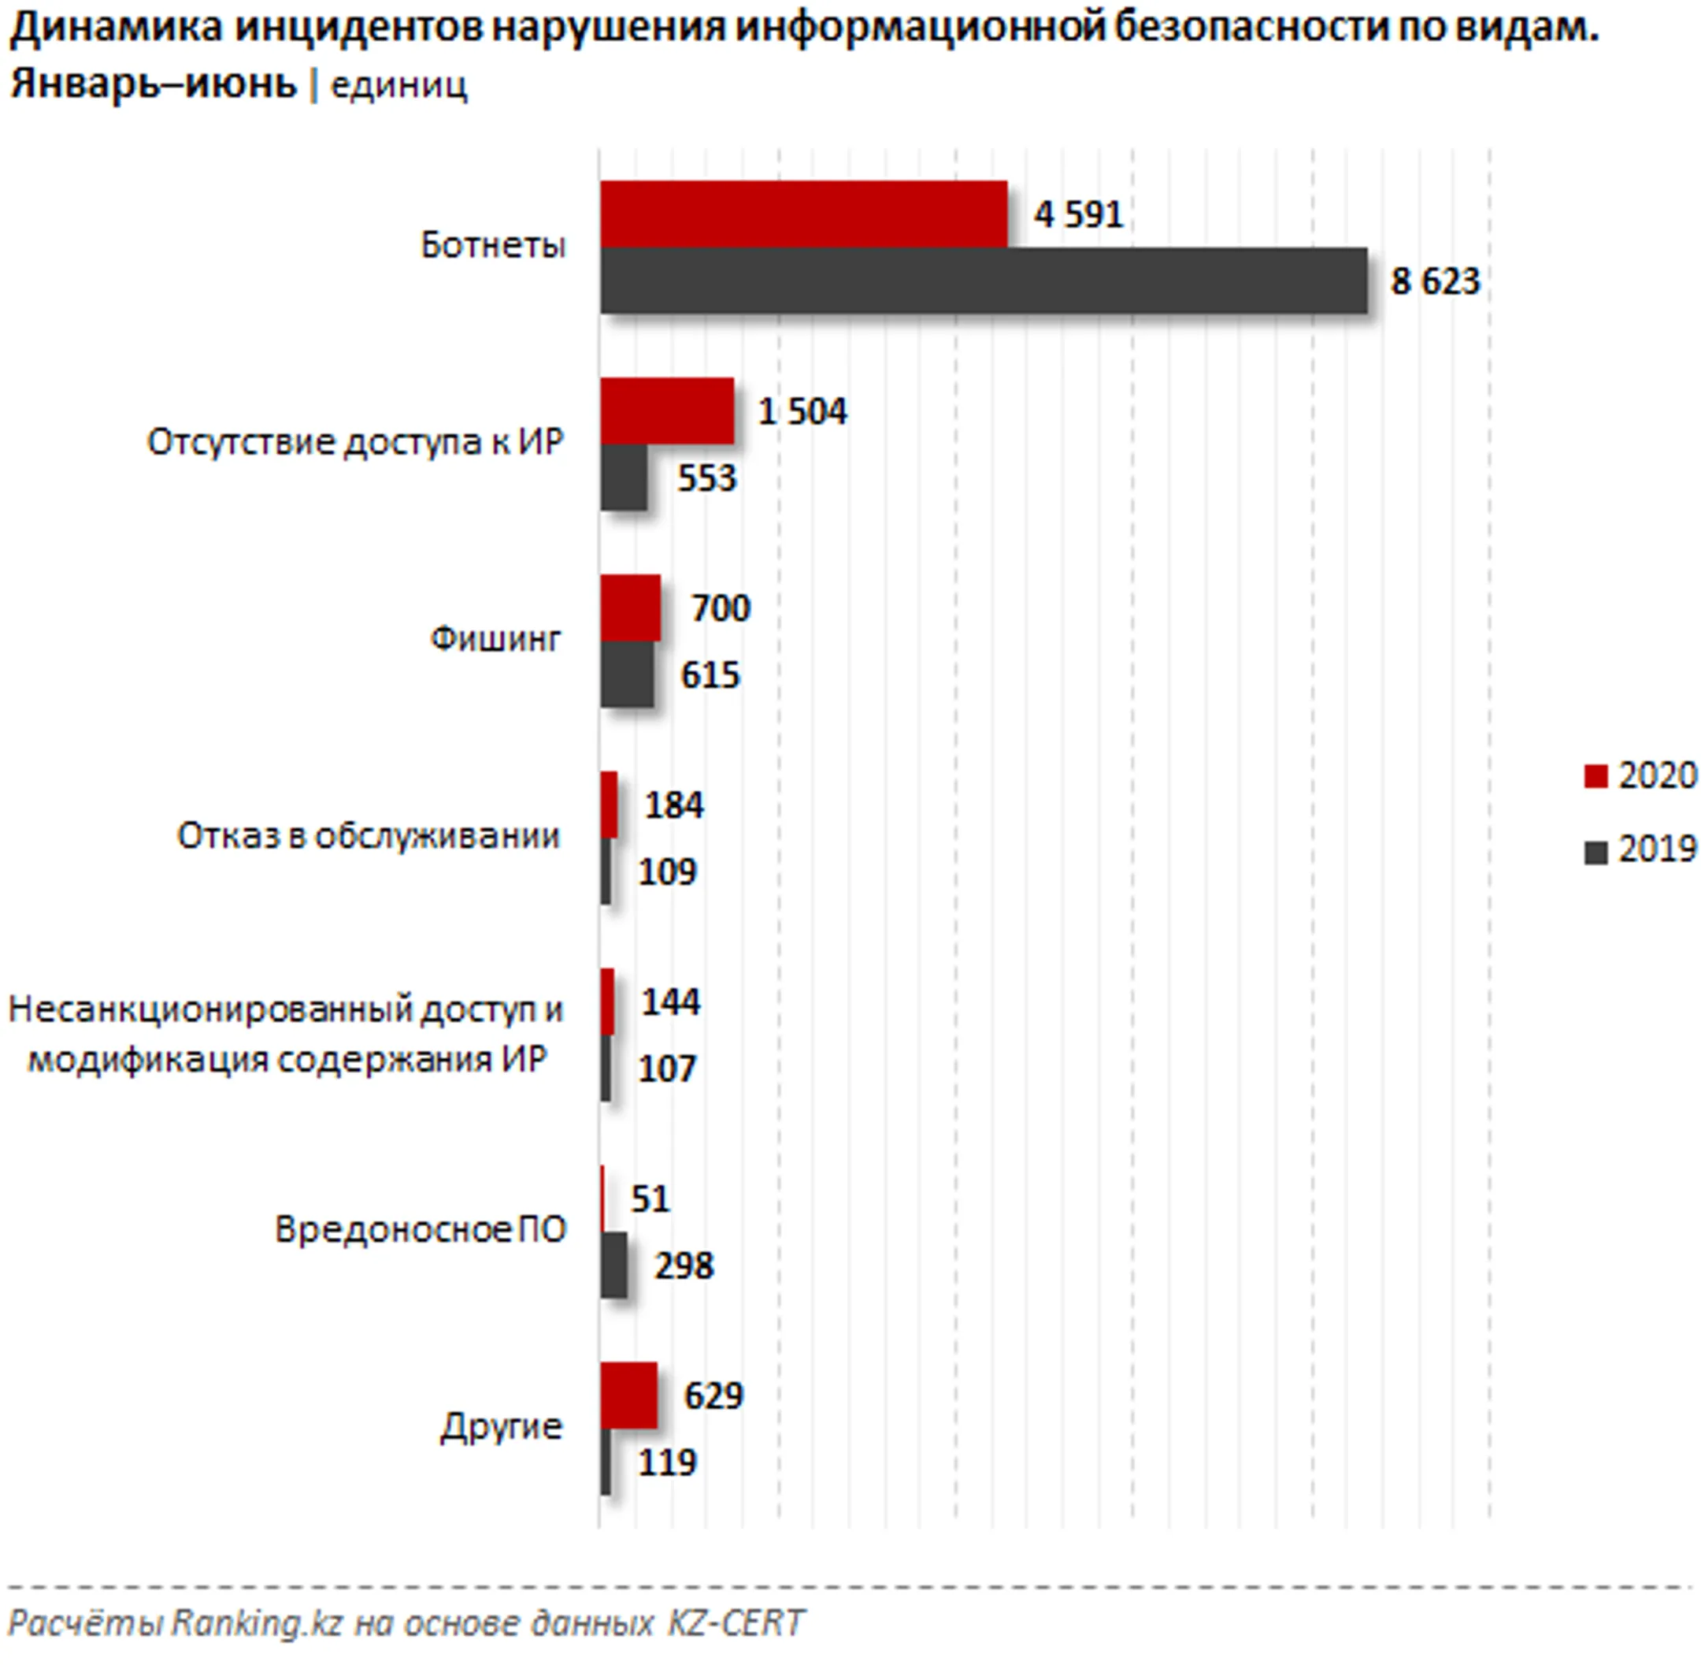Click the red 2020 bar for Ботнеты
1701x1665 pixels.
click(802, 214)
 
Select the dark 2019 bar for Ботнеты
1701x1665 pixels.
click(983, 281)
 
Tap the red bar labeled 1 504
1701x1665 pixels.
click(666, 411)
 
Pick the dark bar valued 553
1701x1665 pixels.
click(623, 478)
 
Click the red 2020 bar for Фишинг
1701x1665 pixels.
click(629, 608)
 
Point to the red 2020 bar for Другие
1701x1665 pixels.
click(628, 1395)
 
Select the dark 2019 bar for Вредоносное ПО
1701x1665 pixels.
click(613, 1265)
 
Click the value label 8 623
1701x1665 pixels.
click(1434, 281)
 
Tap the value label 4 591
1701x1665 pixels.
click(1078, 215)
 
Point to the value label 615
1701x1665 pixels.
click(710, 675)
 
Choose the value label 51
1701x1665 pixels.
click(650, 1199)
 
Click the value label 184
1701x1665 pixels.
click(673, 805)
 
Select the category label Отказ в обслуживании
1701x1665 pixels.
click(368, 836)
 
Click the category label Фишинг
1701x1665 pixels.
click(495, 639)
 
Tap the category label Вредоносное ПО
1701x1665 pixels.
click(421, 1229)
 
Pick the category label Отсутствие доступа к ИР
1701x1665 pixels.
click(355, 443)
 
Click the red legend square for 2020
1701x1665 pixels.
click(1595, 775)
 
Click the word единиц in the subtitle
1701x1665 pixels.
click(398, 86)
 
